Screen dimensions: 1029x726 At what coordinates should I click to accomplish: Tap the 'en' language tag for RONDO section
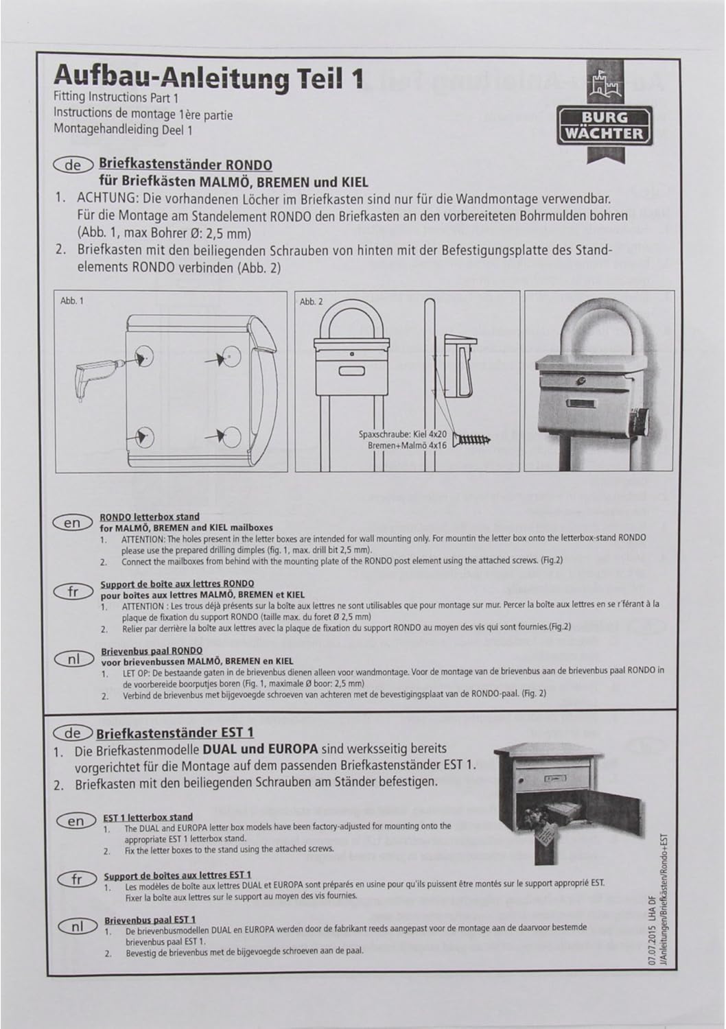72,523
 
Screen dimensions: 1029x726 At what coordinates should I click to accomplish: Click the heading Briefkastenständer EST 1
176,733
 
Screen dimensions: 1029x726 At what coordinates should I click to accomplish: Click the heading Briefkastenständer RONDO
185,165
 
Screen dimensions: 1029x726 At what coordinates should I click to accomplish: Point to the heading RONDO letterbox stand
150,517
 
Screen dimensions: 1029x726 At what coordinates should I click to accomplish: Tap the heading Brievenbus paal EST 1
151,919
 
